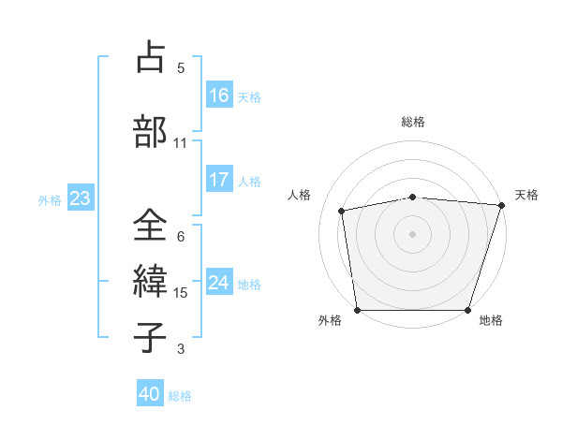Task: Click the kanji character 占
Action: point(151,57)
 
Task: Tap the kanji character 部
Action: point(151,131)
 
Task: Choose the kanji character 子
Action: point(151,336)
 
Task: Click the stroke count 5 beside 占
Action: point(181,68)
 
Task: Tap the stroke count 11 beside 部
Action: point(181,143)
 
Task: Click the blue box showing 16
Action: point(219,95)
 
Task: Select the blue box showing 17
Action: point(219,179)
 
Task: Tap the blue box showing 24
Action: point(219,282)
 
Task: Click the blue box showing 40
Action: point(150,394)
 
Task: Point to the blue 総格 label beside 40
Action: point(181,396)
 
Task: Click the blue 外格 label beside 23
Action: point(50,199)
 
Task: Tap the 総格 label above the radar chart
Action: point(413,122)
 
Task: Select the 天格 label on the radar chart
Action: point(527,195)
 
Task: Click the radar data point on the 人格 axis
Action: point(343,211)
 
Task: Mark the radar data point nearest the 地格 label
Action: point(468,310)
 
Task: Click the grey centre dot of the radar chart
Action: point(413,233)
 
